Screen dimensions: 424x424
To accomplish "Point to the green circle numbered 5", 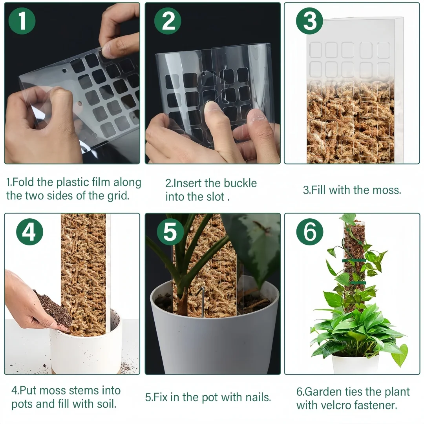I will coord(170,232).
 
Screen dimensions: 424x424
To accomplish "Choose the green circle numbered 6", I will coord(310,232).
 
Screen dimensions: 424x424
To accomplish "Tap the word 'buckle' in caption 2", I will coord(240,183).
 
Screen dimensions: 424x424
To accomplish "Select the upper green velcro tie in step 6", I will coord(353,260).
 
